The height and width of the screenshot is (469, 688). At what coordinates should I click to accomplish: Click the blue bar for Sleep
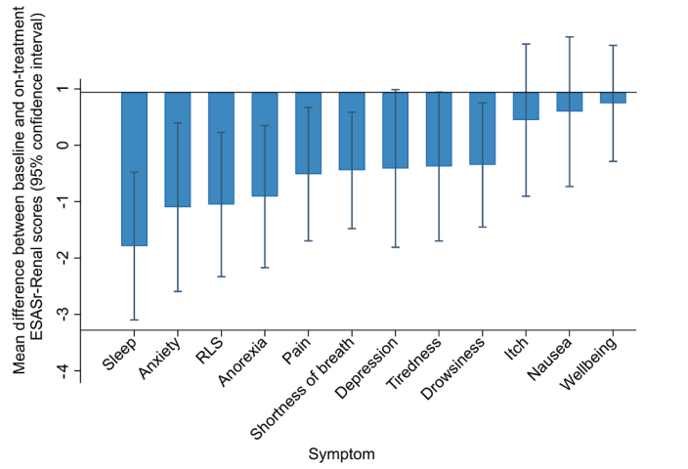[x=134, y=168]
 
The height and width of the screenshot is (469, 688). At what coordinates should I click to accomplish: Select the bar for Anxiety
[x=177, y=149]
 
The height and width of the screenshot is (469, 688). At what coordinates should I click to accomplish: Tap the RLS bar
[x=221, y=148]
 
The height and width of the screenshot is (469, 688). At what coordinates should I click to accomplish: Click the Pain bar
[x=308, y=133]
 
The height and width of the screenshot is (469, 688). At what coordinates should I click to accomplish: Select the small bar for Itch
[x=526, y=106]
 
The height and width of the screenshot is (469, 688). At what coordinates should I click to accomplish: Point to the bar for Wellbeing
[x=613, y=98]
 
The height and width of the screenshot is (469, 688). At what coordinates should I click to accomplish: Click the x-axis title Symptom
[x=342, y=454]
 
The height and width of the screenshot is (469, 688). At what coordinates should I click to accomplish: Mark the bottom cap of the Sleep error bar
[x=134, y=320]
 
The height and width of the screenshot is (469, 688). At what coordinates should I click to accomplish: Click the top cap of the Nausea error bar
[x=569, y=36]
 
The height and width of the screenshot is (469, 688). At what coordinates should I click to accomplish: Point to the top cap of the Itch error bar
[x=526, y=44]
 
